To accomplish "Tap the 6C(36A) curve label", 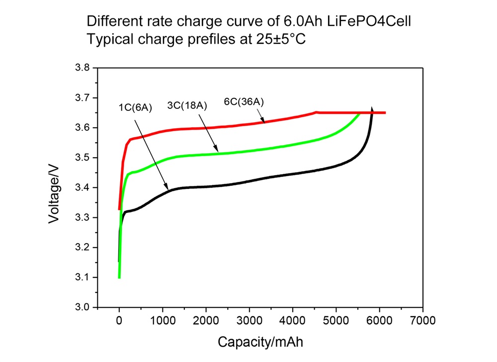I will coord(244,102).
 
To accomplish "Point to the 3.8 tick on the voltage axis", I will coord(83,68).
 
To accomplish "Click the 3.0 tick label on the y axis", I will coord(83,307).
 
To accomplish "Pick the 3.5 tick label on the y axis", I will coord(83,158).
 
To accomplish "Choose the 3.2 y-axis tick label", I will coord(83,248).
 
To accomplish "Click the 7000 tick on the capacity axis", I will coord(423,320).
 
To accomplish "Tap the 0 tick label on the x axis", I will coord(119,320).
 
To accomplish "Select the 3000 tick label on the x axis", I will coord(249,320).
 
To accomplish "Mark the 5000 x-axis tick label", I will coord(336,320).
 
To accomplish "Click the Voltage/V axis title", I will coord(55,188).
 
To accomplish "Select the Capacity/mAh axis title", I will coord(260,342).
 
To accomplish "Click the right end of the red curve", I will coord(385,113).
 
